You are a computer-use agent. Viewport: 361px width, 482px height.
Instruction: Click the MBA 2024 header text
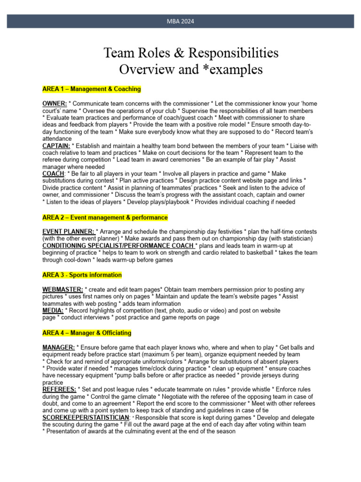180,21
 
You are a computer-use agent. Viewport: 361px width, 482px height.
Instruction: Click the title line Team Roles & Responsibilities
191,52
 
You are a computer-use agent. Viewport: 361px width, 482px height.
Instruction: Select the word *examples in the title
232,69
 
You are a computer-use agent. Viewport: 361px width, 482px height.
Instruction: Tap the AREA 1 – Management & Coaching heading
91,89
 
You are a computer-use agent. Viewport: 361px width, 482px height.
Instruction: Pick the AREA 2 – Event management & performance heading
105,218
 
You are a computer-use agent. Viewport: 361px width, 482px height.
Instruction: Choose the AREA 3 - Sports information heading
82,275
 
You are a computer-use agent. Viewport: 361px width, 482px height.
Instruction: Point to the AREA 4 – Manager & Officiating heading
86,333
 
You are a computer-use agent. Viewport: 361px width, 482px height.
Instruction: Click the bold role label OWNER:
55,103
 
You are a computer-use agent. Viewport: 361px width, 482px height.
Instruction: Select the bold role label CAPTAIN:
56,146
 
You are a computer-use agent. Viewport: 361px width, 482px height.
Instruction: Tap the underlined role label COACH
53,174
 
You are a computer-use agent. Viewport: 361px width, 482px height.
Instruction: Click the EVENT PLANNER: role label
69,232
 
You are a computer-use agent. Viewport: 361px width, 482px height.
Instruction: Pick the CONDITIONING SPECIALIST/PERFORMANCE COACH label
118,246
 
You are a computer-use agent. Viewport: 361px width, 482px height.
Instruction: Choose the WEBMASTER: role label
63,289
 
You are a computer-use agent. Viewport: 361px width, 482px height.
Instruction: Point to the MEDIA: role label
53,311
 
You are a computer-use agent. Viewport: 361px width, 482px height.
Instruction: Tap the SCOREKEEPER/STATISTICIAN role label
86,418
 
